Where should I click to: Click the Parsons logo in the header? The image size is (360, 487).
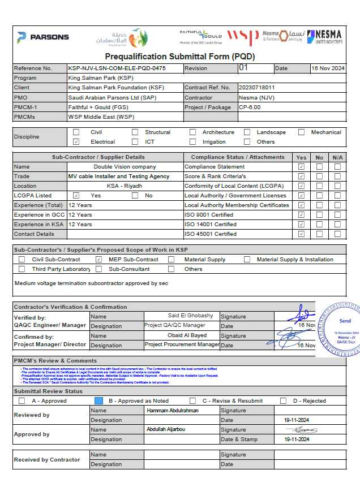point(43,37)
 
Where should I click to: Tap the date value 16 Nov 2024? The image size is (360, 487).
point(328,68)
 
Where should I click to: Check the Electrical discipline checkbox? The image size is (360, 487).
point(76,142)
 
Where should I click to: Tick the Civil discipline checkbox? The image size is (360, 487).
point(76,132)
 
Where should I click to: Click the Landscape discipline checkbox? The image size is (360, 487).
point(247,132)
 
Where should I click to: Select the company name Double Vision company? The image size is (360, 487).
point(125,167)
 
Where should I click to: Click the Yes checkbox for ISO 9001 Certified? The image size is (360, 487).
point(301,215)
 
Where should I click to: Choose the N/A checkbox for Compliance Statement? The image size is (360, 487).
point(337,167)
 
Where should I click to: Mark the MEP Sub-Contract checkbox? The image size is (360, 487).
point(98,260)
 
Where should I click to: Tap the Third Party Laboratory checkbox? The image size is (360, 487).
point(22,269)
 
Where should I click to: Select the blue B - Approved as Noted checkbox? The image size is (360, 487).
point(98,400)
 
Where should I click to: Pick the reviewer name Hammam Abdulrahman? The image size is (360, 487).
point(173,411)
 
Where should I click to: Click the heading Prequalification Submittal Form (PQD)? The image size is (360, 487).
point(180,57)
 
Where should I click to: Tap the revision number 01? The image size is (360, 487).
point(244,68)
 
